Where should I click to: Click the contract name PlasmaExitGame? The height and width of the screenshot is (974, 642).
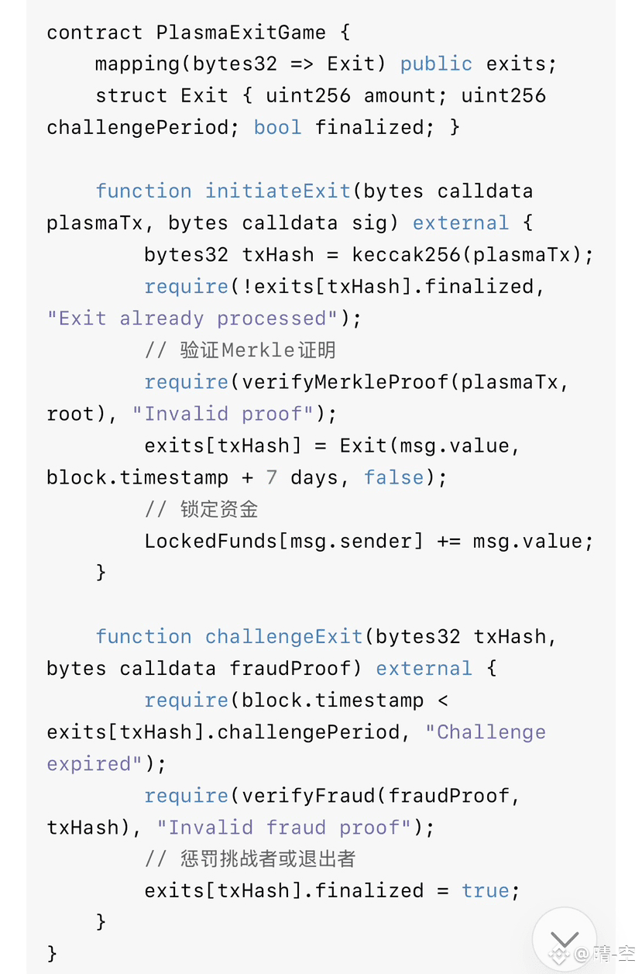tap(241, 33)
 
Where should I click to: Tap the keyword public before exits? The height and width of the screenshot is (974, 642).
tap(436, 64)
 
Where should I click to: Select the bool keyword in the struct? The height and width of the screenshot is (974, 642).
tap(277, 127)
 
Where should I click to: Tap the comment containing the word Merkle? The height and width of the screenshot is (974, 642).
tap(240, 350)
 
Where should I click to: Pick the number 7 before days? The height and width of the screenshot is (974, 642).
tap(271, 477)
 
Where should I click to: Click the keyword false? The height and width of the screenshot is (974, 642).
tap(393, 477)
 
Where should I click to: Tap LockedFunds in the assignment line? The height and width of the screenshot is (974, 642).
tap(211, 541)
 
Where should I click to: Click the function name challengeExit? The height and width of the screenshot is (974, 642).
tap(283, 637)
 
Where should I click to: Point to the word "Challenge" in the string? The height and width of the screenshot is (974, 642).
tap(491, 732)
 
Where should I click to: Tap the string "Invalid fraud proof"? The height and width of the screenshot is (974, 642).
tap(284, 828)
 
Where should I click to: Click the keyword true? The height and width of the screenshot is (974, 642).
tap(485, 891)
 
